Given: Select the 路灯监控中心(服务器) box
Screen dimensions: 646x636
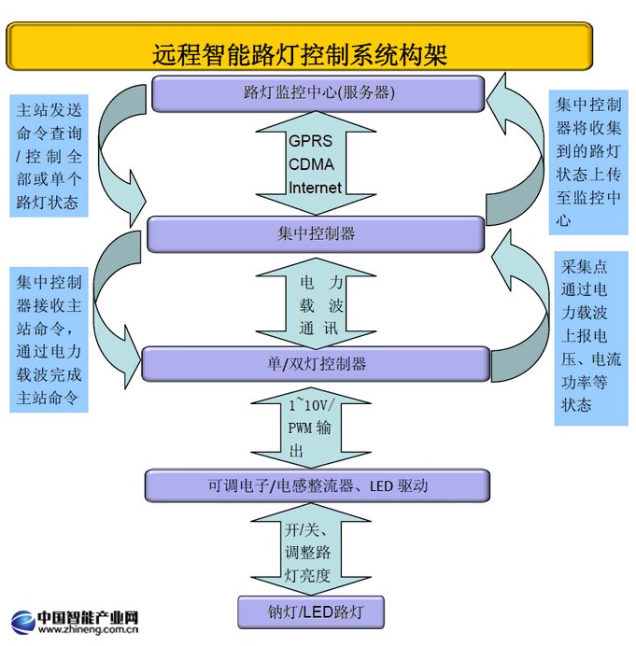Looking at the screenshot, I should point(317,92).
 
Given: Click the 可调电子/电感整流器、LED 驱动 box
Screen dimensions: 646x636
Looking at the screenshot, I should point(316,485).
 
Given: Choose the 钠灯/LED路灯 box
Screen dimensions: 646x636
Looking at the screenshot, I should point(310,612).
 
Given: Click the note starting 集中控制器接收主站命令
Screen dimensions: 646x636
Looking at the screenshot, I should point(49,339).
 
